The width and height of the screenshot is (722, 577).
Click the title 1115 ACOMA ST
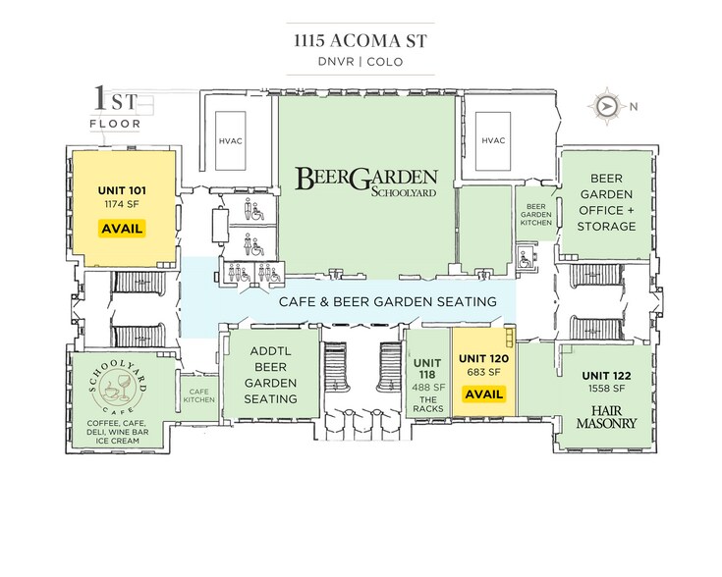click(361, 41)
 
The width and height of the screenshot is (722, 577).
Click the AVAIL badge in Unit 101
click(122, 229)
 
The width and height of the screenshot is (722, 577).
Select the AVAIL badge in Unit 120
click(483, 394)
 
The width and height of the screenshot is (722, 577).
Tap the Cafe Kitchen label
click(198, 395)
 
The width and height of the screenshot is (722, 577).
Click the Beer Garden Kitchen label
click(536, 215)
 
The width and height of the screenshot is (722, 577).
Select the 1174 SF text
click(122, 204)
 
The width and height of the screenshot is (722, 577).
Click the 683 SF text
click(483, 372)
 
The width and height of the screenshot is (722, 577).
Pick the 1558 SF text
click(606, 389)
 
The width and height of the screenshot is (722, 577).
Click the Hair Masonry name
click(606, 417)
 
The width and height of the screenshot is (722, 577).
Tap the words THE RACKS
click(427, 404)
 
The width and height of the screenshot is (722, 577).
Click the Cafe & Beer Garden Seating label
click(388, 302)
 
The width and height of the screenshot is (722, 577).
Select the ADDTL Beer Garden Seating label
click(270, 375)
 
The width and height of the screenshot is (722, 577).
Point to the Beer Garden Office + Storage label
click(606, 202)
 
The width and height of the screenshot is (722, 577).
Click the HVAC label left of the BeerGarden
click(230, 140)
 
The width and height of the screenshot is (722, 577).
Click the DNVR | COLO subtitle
click(361, 62)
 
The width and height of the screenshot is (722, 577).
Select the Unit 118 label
click(427, 369)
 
